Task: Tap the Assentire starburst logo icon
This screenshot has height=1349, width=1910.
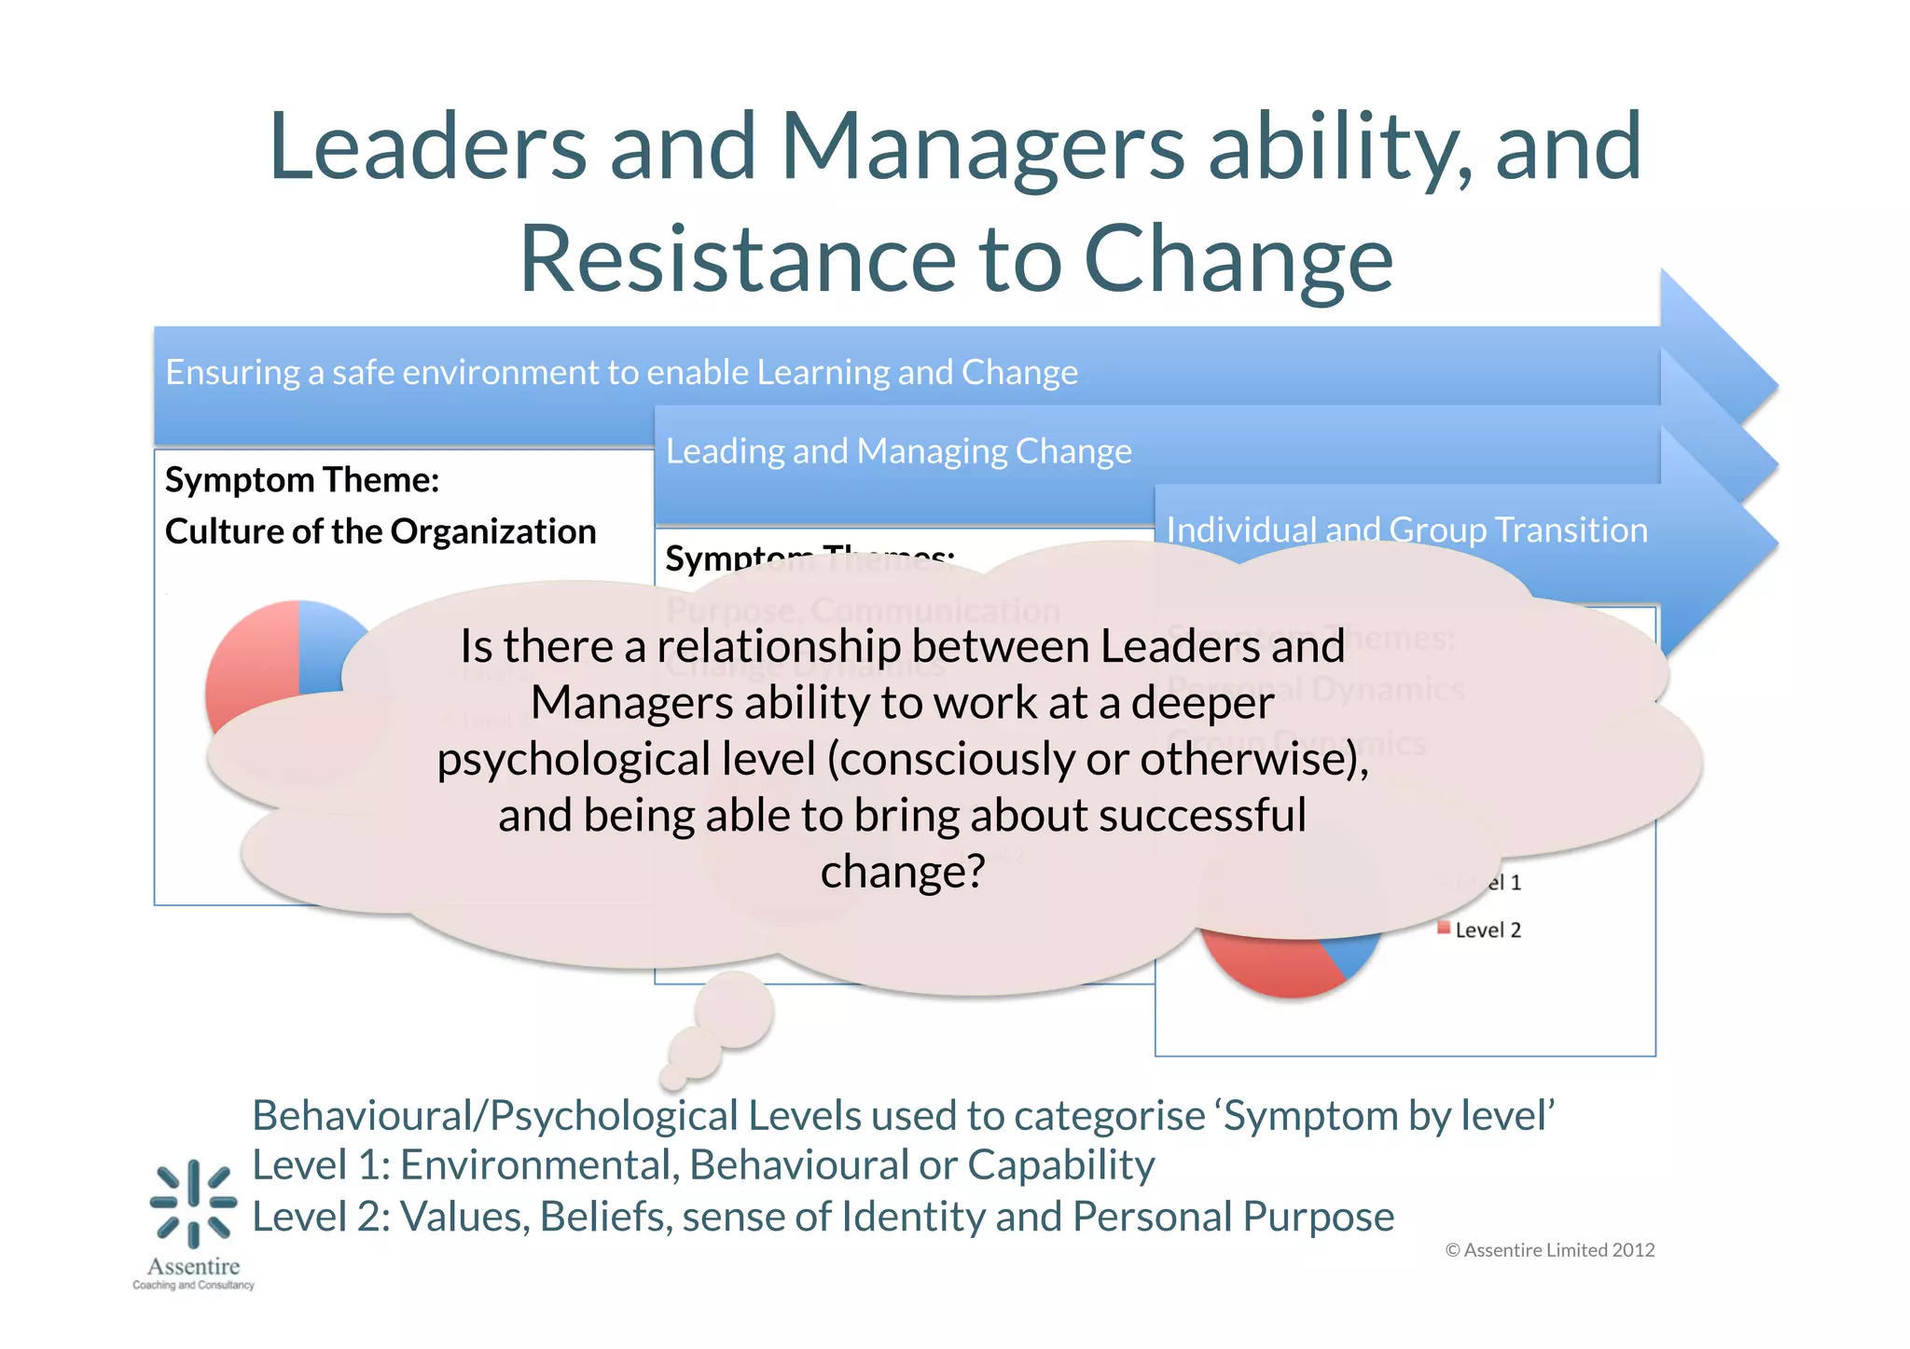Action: (193, 1203)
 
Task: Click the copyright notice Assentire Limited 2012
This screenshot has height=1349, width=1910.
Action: (1549, 1250)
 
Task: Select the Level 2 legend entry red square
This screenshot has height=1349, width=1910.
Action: (1443, 928)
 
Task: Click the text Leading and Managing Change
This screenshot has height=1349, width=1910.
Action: (898, 451)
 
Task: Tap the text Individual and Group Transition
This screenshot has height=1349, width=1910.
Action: (1406, 530)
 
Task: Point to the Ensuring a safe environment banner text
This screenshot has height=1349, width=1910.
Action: (621, 372)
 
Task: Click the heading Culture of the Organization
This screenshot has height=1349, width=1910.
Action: (381, 531)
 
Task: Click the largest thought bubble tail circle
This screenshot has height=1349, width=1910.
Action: (734, 1011)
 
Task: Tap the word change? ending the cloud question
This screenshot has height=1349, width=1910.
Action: (902, 872)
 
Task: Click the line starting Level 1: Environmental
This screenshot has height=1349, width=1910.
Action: (703, 1165)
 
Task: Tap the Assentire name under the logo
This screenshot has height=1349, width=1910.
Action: (193, 1266)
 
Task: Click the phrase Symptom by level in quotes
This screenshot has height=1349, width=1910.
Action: (1388, 1116)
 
